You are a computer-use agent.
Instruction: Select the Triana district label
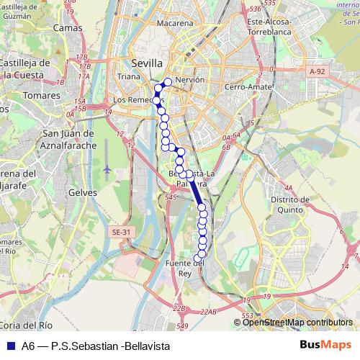coord(130,76)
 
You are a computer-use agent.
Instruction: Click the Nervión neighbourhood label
coord(189,80)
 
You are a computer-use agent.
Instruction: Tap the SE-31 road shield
coord(122,232)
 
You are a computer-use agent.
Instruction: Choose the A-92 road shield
coord(316,72)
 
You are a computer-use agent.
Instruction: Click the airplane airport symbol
coord(107,169)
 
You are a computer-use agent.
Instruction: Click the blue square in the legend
coord(10,345)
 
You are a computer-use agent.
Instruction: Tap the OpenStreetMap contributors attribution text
coord(297,322)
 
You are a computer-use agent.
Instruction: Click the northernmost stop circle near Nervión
coord(168,81)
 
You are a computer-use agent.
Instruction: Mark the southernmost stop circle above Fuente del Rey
coord(198,258)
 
